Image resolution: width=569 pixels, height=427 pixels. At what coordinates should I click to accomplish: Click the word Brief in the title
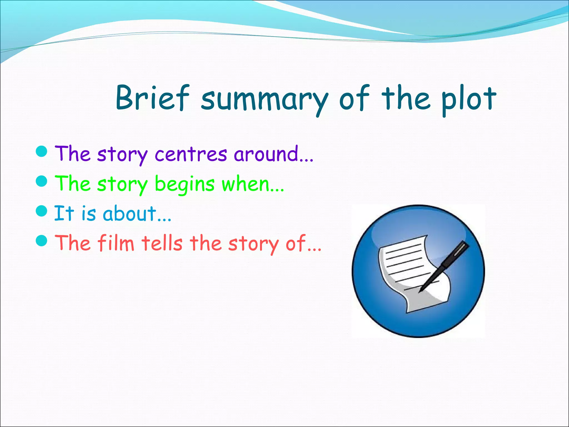coord(152,98)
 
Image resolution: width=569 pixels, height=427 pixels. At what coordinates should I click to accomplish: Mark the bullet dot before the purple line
coord(42,152)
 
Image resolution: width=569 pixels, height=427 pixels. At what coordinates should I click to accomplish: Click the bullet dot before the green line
coord(42,182)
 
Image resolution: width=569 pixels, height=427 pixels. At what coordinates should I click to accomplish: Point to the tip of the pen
coord(420,291)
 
